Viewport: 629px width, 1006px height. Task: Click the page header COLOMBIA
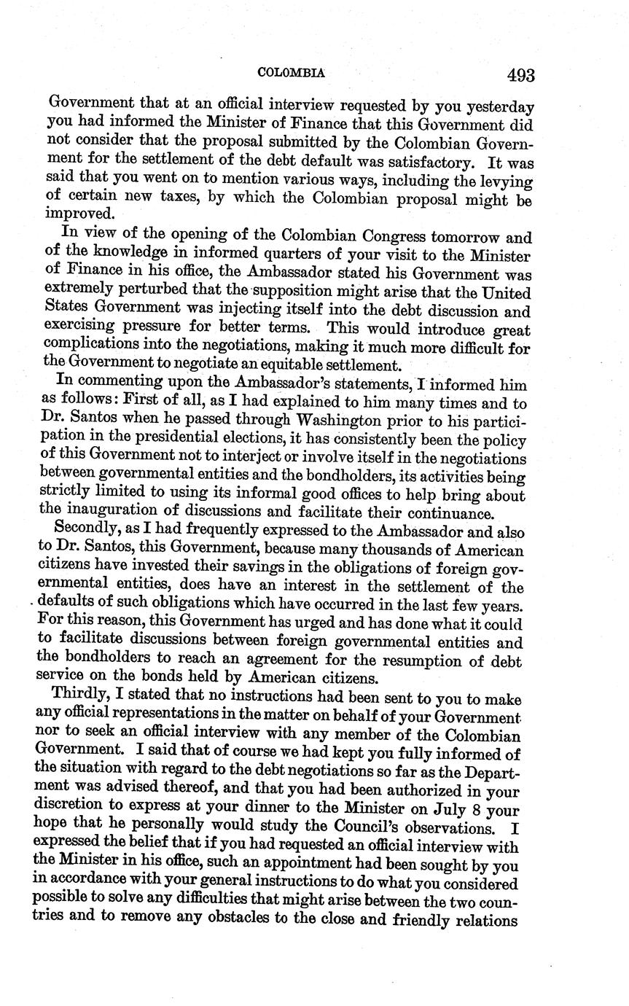click(290, 73)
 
